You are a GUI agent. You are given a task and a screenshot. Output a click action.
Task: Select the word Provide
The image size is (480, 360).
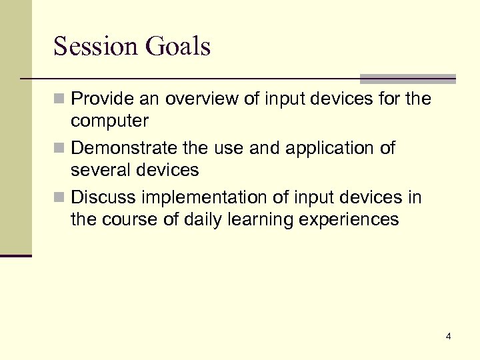101,99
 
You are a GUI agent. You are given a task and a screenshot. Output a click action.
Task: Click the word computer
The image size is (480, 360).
110,122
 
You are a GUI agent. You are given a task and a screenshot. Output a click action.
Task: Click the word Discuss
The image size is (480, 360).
101,197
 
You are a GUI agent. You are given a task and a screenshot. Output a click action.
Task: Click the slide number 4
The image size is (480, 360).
448,337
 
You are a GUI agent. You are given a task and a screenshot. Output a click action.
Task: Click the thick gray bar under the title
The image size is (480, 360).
407,79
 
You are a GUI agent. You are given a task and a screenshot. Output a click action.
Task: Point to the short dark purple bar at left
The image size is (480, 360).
16,255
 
